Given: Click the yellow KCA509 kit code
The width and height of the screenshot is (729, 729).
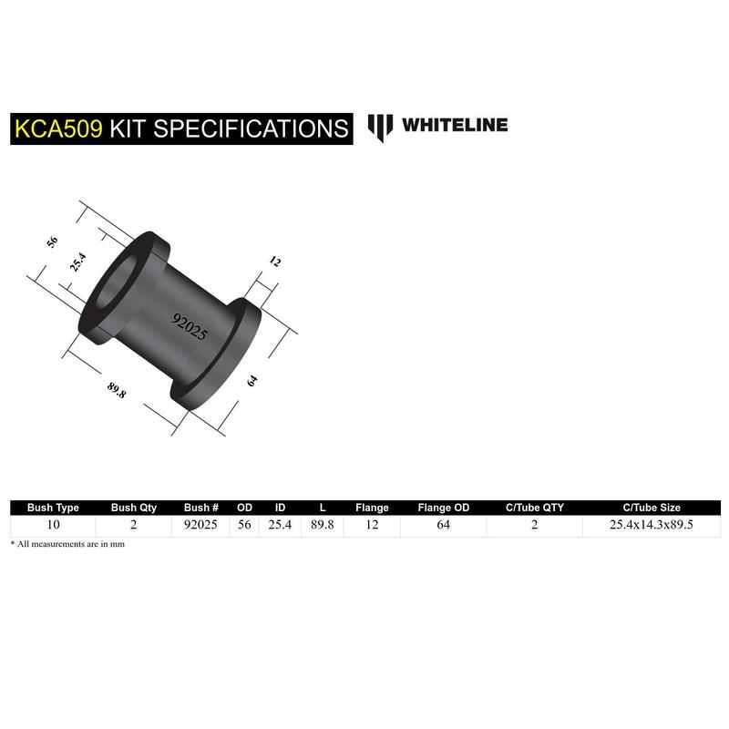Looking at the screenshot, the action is [58, 128].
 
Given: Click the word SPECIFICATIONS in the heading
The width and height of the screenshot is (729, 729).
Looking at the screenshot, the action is [252, 128].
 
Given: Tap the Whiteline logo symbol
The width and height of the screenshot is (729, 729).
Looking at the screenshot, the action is [380, 128].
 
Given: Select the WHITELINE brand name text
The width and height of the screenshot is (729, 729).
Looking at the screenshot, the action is [455, 125].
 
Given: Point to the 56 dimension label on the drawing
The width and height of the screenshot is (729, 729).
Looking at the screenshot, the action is [52, 241].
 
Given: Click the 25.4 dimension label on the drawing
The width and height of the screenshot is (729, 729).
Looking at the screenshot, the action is [77, 262].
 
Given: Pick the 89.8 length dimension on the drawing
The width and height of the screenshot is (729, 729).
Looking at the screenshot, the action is [117, 390].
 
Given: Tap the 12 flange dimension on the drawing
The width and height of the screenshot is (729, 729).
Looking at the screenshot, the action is [275, 262].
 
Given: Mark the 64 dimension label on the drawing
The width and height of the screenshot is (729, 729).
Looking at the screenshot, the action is [252, 381].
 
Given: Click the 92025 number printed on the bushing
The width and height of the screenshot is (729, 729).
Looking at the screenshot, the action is [190, 326].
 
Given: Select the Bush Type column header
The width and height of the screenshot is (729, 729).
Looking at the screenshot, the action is [53, 508].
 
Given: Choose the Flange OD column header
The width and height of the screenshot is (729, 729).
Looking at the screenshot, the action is [444, 508].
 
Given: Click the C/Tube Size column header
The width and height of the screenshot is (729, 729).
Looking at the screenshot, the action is [652, 508].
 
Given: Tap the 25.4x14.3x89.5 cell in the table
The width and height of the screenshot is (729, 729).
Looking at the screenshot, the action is [652, 525].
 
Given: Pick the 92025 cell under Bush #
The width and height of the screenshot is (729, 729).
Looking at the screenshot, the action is [200, 525].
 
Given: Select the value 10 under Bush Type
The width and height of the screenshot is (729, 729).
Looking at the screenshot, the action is [53, 525].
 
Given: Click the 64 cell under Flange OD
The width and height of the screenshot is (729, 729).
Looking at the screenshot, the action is [444, 525].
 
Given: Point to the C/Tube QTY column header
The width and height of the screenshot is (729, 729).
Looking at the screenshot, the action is [535, 508].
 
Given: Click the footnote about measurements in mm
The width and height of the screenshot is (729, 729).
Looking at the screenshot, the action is [67, 544].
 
